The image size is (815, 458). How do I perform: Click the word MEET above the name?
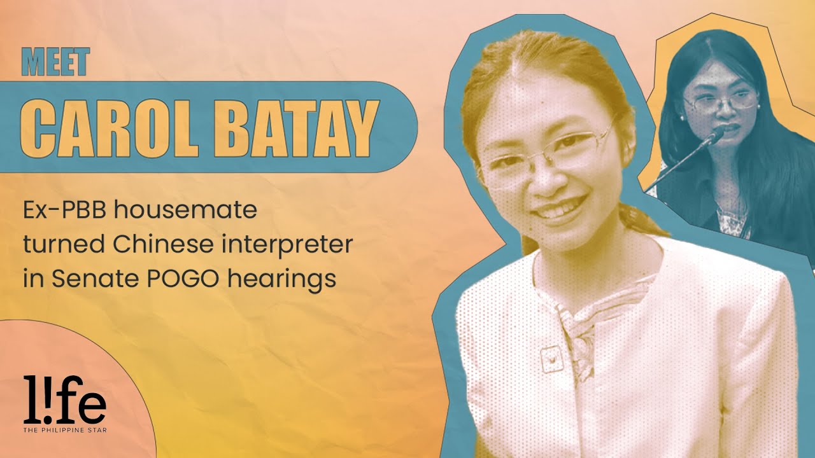[x=56, y=62]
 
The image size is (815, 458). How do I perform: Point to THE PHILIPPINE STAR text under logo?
[x=64, y=430]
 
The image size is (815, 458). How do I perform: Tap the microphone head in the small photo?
[x=718, y=135]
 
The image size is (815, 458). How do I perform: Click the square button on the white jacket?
[x=549, y=360]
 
